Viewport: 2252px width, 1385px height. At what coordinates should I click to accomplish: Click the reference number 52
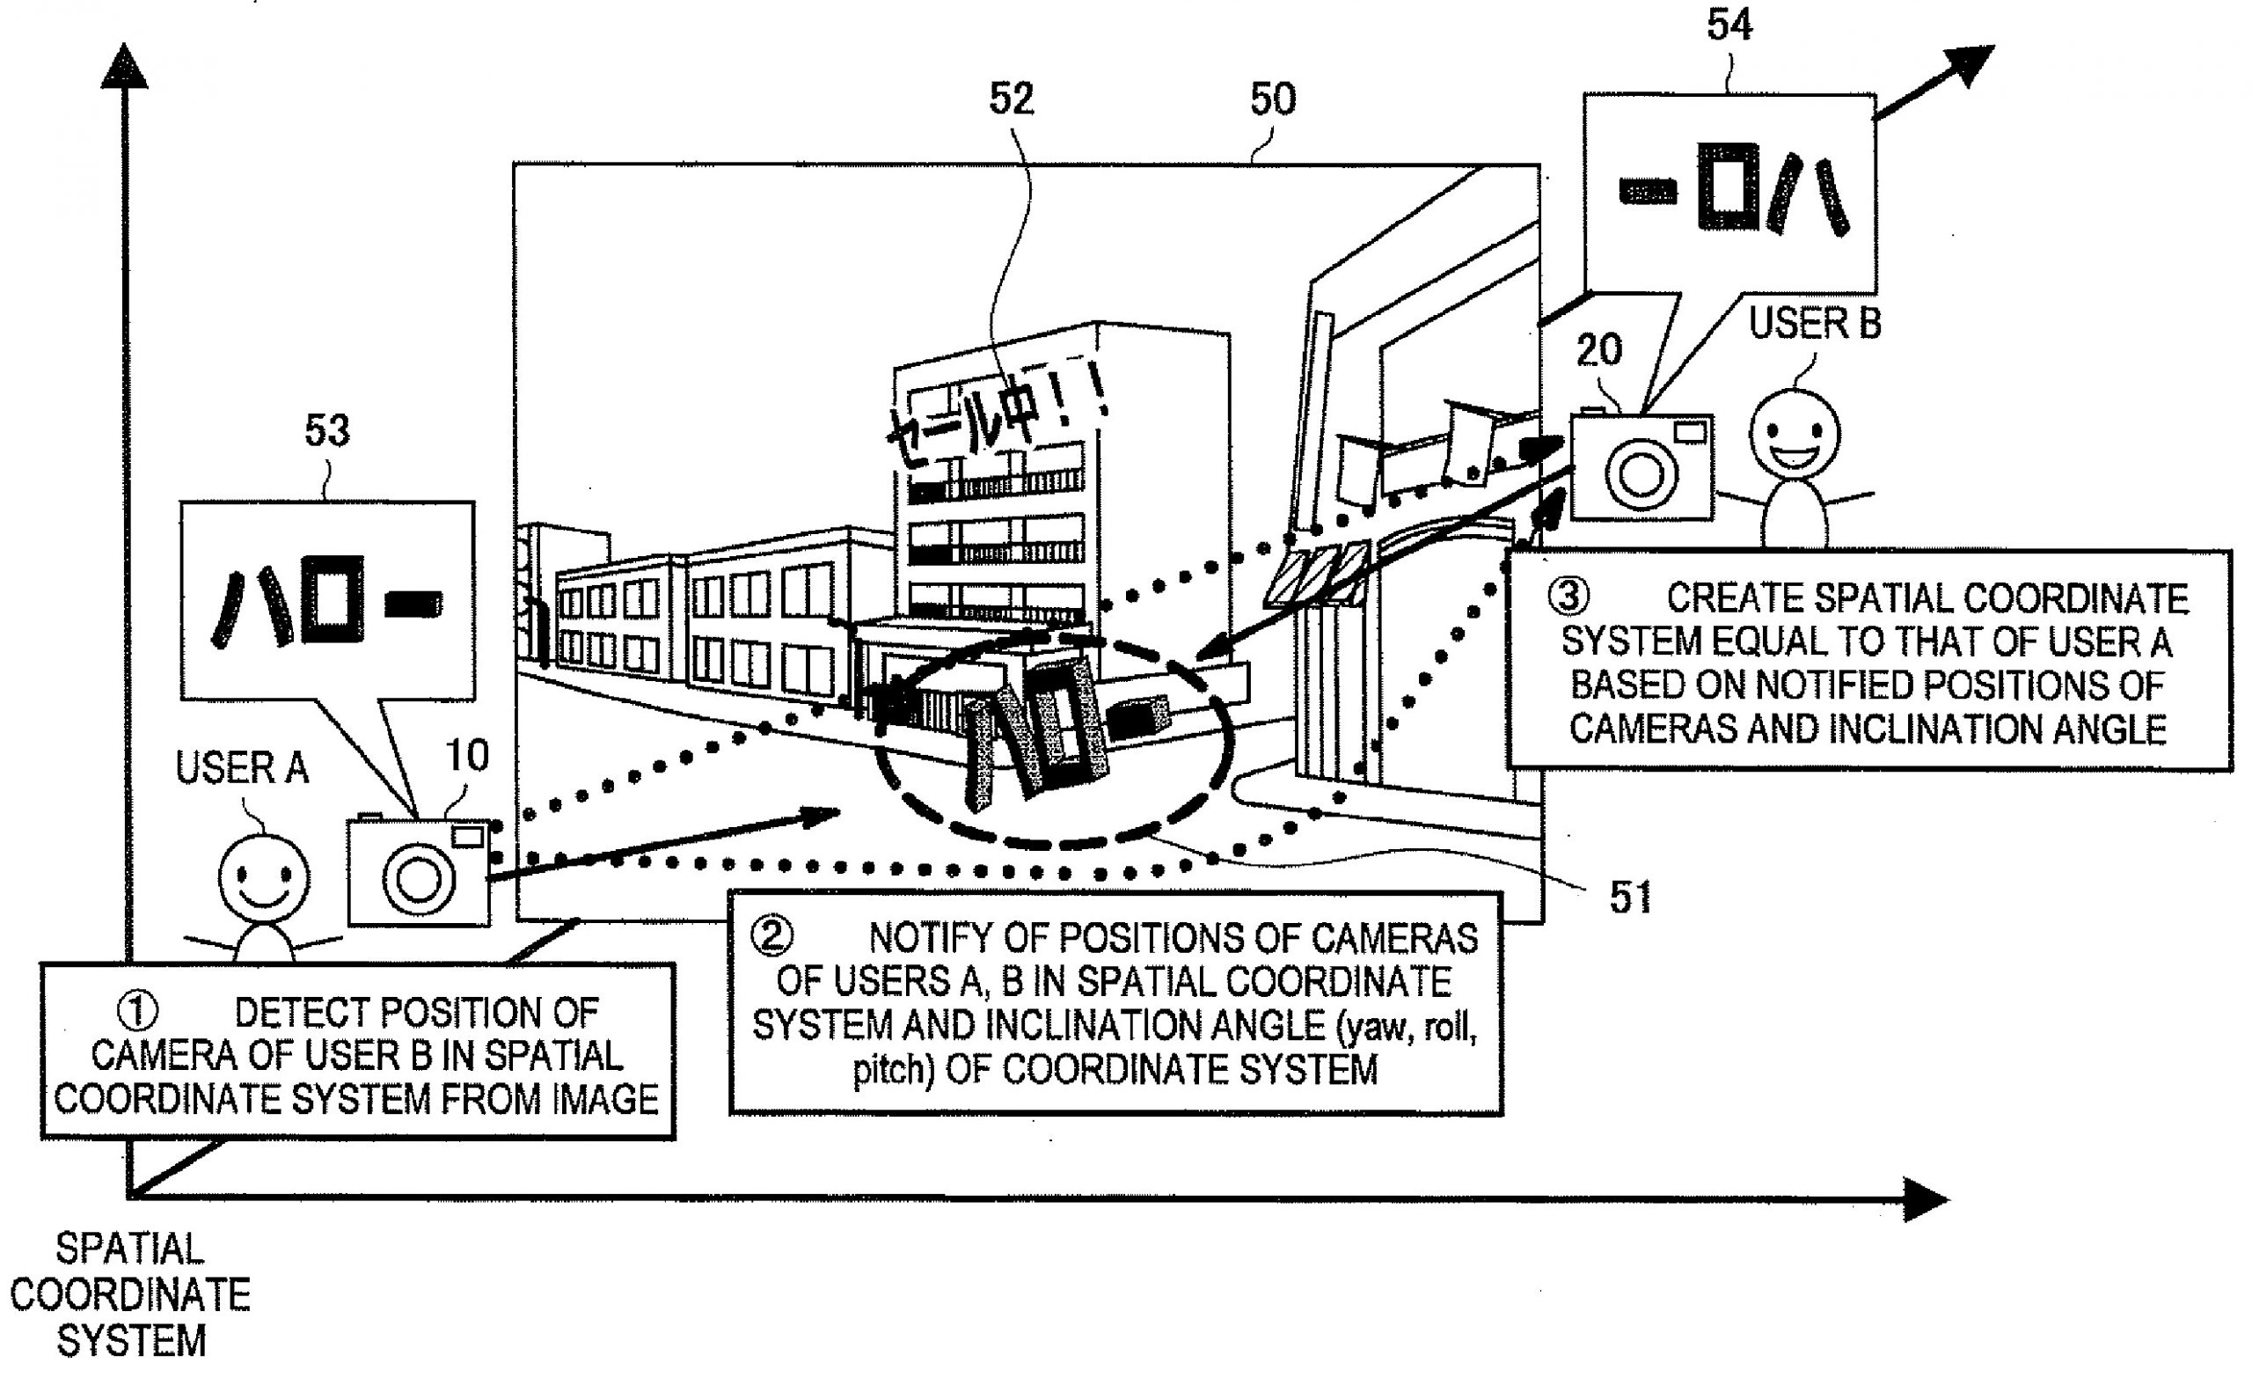(x=1011, y=99)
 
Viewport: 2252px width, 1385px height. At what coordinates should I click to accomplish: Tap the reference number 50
(x=1272, y=99)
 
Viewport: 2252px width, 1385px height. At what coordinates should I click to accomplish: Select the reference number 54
(x=1729, y=25)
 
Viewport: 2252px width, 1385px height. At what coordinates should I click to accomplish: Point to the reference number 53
(x=327, y=430)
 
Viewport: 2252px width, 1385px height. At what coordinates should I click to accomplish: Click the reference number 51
(x=1630, y=898)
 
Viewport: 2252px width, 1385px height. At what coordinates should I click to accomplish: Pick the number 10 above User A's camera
(x=467, y=757)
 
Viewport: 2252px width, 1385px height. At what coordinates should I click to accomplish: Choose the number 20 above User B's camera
(x=1599, y=350)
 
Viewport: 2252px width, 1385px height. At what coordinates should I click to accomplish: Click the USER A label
(x=242, y=768)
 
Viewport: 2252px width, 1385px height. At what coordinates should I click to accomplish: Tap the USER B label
(x=1814, y=323)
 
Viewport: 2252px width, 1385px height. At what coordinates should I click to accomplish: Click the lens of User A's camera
(x=419, y=878)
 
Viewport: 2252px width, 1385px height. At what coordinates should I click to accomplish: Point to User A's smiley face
(x=264, y=878)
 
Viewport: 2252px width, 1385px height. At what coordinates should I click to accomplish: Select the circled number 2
(x=771, y=936)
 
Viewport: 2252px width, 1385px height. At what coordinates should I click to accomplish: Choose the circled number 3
(x=1568, y=597)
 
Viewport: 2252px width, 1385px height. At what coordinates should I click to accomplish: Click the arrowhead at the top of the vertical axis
(x=124, y=69)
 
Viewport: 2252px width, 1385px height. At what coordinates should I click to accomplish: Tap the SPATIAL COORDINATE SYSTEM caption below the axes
(x=130, y=1294)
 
